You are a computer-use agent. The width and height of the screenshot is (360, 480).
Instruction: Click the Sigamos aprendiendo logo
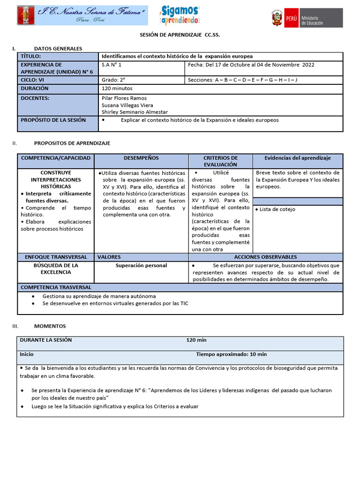tap(180, 15)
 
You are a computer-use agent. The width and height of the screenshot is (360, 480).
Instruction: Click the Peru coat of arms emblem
tap(277, 18)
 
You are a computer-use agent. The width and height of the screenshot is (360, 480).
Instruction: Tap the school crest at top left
tap(25, 15)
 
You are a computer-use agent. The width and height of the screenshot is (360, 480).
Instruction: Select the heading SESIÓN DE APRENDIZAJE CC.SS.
tap(180, 35)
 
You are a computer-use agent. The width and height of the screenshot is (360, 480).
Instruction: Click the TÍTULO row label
tap(31, 56)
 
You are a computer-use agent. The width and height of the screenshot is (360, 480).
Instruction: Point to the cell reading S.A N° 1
tap(112, 65)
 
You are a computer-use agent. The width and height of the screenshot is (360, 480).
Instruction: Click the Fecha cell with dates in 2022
tap(251, 65)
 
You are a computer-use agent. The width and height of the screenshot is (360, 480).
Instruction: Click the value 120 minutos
tap(117, 88)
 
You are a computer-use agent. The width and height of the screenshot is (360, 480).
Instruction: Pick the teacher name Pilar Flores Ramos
tap(124, 98)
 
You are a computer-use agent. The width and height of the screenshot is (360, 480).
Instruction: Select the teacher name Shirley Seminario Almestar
tap(135, 112)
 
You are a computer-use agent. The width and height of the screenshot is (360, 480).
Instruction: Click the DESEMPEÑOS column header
tap(141, 158)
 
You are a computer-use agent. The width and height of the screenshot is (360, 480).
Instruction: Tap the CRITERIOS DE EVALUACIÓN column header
tap(220, 161)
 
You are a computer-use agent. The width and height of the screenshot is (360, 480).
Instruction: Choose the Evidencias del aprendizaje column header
tap(298, 158)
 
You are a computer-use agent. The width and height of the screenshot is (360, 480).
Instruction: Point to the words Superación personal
tap(141, 265)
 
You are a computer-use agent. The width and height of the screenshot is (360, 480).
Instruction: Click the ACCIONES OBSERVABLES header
tap(265, 257)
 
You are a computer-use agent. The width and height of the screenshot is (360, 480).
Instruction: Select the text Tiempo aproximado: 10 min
tap(231, 354)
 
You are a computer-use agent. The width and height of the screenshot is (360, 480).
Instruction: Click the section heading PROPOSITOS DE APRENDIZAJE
tap(72, 143)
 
